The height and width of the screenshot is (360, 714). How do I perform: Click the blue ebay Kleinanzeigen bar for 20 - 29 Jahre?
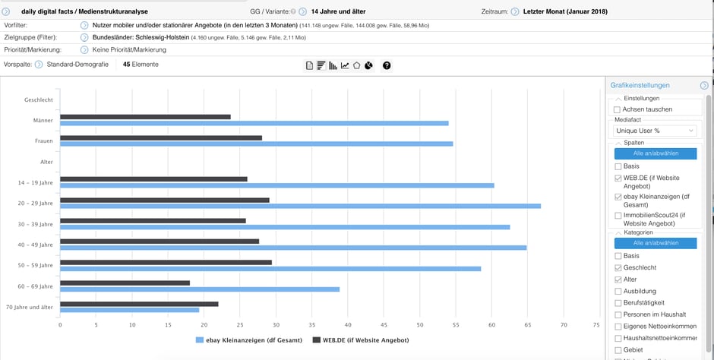click(x=300, y=206)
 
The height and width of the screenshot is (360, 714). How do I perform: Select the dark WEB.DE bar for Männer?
click(x=145, y=117)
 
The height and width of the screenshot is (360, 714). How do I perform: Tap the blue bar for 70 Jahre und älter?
click(x=129, y=310)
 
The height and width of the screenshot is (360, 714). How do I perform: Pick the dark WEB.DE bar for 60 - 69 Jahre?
click(x=125, y=283)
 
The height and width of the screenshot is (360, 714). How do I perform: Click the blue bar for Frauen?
click(x=256, y=144)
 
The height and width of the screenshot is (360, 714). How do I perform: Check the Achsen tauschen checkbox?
click(x=617, y=109)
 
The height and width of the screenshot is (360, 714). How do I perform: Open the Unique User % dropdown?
click(x=655, y=131)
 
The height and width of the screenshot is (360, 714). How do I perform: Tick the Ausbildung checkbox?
click(x=617, y=291)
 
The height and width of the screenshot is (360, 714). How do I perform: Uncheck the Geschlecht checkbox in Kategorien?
click(x=617, y=267)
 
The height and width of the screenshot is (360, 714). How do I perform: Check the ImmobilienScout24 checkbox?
click(x=617, y=216)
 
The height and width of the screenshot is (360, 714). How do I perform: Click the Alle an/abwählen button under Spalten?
click(x=655, y=153)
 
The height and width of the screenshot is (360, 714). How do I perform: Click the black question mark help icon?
click(x=387, y=65)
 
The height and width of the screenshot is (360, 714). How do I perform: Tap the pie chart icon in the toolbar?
click(x=368, y=65)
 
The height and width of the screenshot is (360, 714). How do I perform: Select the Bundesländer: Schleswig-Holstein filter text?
click(x=141, y=37)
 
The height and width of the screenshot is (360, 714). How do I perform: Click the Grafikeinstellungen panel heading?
click(x=640, y=85)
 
